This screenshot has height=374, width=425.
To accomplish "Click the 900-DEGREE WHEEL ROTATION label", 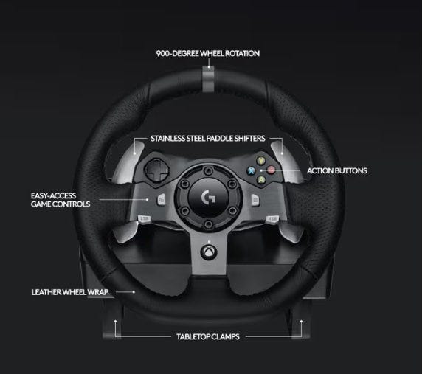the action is [208, 53].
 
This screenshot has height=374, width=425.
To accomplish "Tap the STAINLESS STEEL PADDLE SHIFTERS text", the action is [208, 139].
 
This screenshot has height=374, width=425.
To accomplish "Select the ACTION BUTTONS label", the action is [337, 170].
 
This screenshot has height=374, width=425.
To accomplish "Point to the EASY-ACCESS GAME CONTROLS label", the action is [61, 200].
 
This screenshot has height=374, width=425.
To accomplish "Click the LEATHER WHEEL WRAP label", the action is [70, 292].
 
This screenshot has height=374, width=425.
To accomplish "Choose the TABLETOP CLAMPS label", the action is [208, 336].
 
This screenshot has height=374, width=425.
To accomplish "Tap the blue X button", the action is [252, 170].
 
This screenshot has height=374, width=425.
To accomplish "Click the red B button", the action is [271, 170].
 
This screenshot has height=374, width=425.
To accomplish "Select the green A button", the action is [261, 179].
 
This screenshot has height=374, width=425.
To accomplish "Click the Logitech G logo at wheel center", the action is [208, 197].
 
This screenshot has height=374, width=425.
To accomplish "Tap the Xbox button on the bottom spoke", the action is [208, 252].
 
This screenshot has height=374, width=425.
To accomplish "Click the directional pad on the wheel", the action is [156, 170].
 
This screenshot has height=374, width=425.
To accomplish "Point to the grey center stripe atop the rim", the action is [208, 79].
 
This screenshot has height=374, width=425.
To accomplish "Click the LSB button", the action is [144, 218].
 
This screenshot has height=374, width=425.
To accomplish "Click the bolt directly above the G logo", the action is [208, 170].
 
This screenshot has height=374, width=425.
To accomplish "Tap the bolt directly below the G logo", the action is [208, 224].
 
